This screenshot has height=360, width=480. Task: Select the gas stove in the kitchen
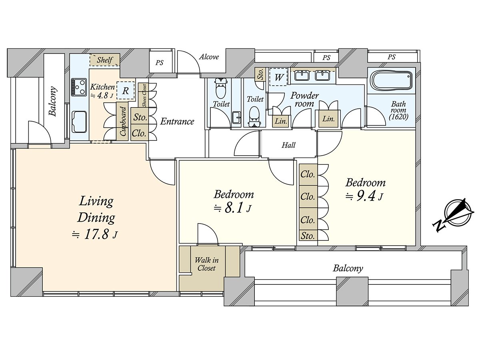click(79, 86)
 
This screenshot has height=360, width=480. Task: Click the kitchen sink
click(79, 122)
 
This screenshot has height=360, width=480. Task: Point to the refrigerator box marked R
click(125, 90)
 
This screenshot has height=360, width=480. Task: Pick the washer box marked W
click(278, 77)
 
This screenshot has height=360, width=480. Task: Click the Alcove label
click(209, 57)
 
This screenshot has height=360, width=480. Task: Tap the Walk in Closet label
click(206, 264)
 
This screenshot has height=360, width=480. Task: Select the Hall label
click(288, 145)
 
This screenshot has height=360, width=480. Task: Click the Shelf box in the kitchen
click(105, 60)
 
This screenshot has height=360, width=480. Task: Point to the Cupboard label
click(123, 121)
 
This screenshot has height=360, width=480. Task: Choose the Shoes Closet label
click(144, 95)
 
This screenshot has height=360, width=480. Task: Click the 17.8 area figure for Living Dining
click(96, 234)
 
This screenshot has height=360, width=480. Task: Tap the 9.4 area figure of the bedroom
click(365, 196)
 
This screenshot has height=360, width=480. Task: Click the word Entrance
click(177, 122)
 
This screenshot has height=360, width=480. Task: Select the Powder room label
click(304, 100)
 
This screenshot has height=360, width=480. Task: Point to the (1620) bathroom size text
click(399, 117)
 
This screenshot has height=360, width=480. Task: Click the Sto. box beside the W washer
click(260, 74)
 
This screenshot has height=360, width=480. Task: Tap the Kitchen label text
click(102, 87)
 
